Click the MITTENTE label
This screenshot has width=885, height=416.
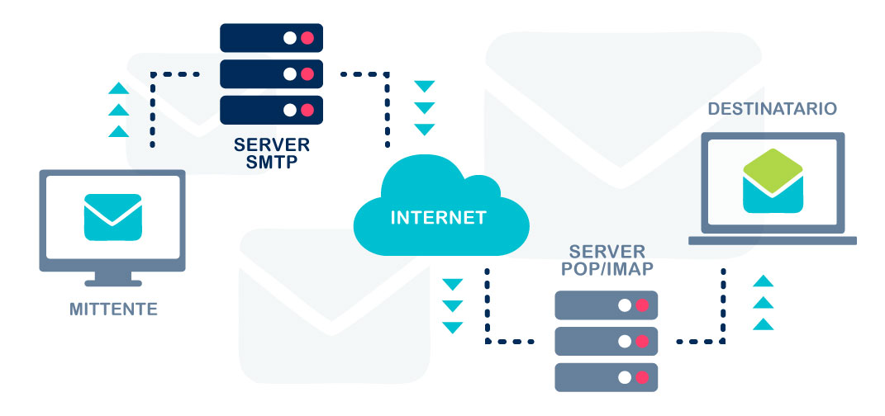113,310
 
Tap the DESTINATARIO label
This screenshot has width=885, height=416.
772,109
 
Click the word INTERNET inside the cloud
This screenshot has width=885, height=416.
438,219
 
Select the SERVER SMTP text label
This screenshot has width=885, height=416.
271,153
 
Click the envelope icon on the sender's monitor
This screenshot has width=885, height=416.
113,217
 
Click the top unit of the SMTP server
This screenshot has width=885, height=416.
271,38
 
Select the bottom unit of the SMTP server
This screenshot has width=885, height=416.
271,109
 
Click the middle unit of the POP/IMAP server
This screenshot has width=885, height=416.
607,341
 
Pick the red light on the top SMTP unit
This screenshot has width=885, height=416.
307,38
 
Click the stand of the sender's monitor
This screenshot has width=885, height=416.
113,280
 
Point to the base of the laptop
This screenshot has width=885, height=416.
773,241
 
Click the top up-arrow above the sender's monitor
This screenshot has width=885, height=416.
119,88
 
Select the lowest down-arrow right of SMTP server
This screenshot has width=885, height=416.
425,130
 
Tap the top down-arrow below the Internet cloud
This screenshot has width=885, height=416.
452,285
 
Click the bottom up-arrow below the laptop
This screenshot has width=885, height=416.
764,324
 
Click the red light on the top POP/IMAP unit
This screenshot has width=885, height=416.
642,305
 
